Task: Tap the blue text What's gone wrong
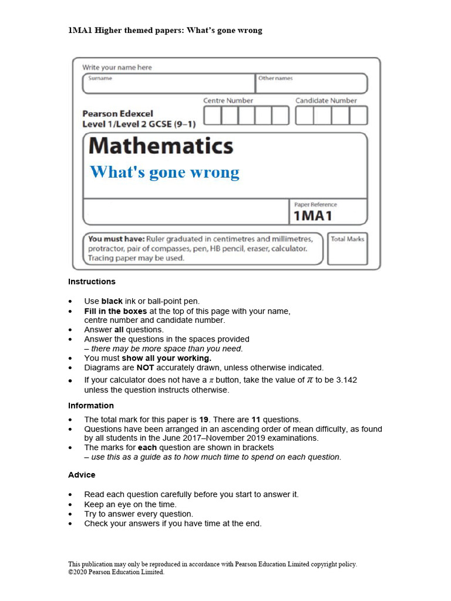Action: point(164,173)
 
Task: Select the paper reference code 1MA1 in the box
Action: point(312,216)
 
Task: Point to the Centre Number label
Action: point(228,100)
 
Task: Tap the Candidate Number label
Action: point(326,100)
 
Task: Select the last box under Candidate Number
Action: point(358,116)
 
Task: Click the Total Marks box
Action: point(347,252)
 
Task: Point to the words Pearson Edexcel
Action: point(117,114)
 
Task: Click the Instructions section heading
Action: point(92,282)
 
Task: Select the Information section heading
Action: point(91,406)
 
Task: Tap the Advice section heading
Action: point(82,475)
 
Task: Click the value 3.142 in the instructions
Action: point(345,380)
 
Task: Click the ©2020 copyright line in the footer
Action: point(116,572)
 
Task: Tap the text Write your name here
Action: point(117,67)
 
